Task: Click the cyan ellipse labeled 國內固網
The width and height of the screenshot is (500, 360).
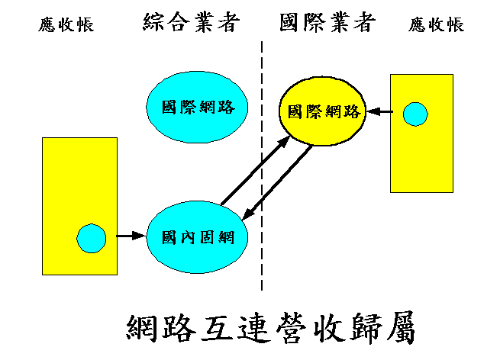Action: pyautogui.click(x=198, y=237)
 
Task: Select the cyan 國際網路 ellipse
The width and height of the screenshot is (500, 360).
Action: pyautogui.click(x=198, y=108)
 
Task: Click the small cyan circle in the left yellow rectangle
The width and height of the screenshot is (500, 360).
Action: pyautogui.click(x=92, y=239)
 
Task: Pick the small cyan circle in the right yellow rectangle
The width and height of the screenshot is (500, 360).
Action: pyautogui.click(x=415, y=114)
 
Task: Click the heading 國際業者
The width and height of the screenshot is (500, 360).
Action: pyautogui.click(x=327, y=23)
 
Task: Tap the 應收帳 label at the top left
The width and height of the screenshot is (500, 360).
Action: pyautogui.click(x=66, y=24)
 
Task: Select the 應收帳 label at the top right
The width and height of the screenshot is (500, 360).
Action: pyautogui.click(x=436, y=24)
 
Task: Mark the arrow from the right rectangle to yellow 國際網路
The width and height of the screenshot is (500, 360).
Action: pyautogui.click(x=379, y=113)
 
